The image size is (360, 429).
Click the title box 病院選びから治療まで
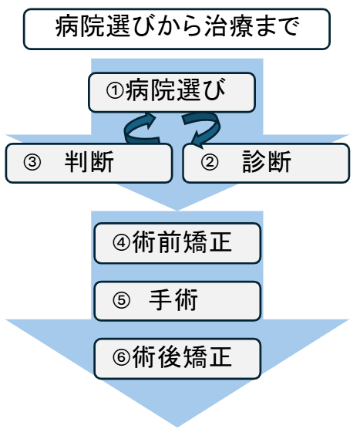(177, 29)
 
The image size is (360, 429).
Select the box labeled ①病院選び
(172, 92)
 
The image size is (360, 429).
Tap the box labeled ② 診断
(266, 163)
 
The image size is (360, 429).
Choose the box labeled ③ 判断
(89, 163)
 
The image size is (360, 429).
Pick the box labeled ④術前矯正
(177, 243)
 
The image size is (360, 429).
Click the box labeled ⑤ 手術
(177, 301)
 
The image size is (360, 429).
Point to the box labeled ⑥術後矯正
(177, 359)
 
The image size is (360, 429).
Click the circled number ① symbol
(115, 90)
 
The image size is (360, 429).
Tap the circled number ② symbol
(210, 162)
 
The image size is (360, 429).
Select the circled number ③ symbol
(32, 162)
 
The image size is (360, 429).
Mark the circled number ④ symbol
(121, 242)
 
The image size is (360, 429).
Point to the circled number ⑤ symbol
(121, 300)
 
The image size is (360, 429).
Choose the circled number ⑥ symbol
(121, 356)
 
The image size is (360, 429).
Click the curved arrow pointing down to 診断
(216, 129)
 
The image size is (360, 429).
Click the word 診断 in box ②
(267, 162)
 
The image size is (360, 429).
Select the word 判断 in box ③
(89, 162)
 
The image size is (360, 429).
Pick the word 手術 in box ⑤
(173, 300)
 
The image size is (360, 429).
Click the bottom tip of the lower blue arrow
(177, 427)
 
